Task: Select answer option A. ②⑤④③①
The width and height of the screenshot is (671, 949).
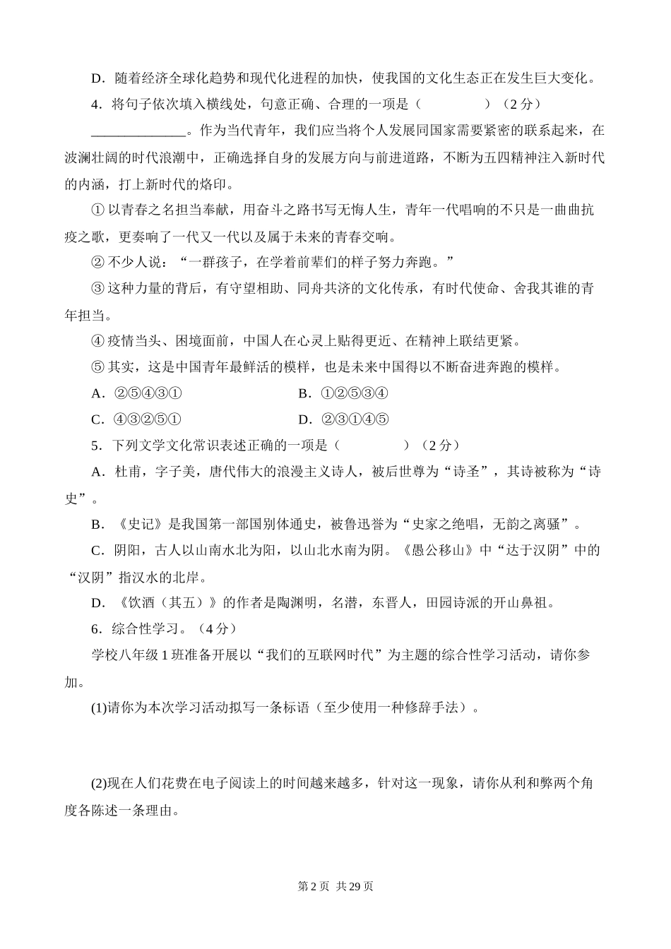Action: (137, 393)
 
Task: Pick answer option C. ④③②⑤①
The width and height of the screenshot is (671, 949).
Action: (137, 419)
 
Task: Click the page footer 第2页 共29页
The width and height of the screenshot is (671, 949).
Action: (335, 886)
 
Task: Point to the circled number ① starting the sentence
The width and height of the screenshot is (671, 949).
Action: (98, 210)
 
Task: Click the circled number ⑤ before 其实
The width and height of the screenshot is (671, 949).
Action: (98, 367)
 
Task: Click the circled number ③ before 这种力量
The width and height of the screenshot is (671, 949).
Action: (98, 289)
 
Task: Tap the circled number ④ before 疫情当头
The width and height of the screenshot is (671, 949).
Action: (98, 341)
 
